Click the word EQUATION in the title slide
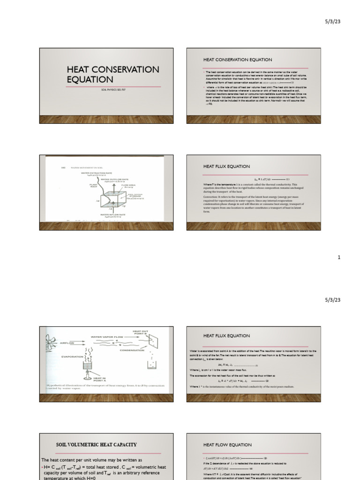[90, 80]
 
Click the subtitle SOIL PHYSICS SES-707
[113, 89]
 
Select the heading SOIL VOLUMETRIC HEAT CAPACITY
[96, 444]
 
